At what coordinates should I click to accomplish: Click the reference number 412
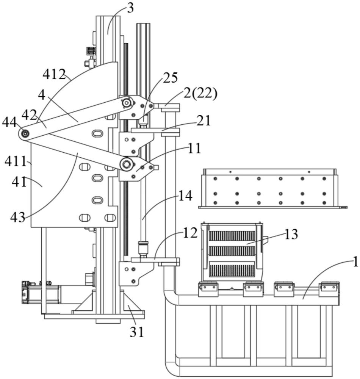pyautogui.click(x=54, y=74)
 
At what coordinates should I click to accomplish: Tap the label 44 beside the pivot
pyautogui.click(x=9, y=122)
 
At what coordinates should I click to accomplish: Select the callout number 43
pyautogui.click(x=18, y=217)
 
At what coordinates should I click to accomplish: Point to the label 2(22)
pyautogui.click(x=200, y=93)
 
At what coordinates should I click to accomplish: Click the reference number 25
pyautogui.click(x=170, y=78)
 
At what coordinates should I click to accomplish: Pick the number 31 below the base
pyautogui.click(x=137, y=332)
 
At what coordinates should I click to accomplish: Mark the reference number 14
pyautogui.click(x=185, y=196)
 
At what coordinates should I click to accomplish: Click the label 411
pyautogui.click(x=16, y=161)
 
